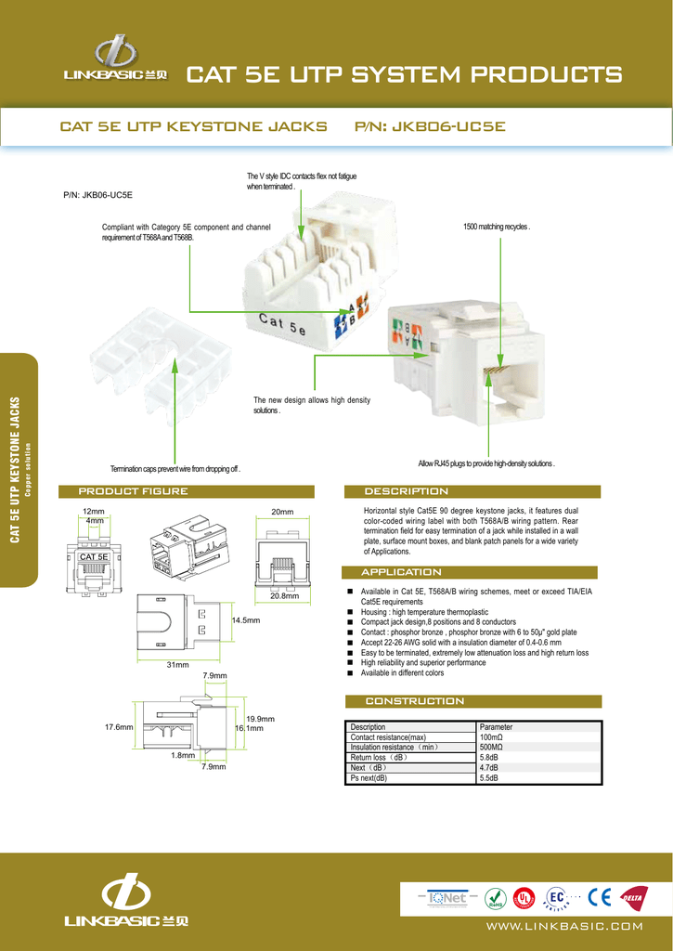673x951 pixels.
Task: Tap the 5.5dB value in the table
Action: [488, 777]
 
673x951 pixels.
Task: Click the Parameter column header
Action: [496, 726]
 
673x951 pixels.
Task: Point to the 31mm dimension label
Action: [177, 665]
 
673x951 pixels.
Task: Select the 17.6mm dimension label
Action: [121, 727]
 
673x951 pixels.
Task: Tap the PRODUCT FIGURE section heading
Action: [133, 491]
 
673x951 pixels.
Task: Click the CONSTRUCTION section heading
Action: [415, 701]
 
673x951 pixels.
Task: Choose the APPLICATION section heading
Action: [401, 572]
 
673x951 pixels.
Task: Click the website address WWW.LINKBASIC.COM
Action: [564, 926]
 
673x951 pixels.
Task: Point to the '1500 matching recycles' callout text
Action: [496, 227]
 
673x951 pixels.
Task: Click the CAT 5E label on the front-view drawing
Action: [95, 556]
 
